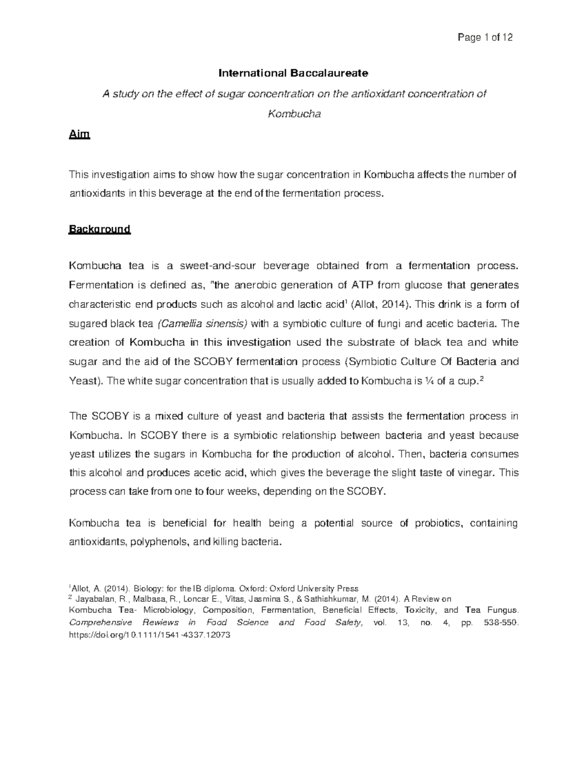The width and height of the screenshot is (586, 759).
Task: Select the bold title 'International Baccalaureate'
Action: (x=293, y=73)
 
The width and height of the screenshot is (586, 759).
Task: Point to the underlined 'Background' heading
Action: (x=100, y=229)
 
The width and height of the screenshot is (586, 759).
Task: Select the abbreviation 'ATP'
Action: (x=361, y=285)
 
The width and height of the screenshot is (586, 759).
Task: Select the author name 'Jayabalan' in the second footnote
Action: (x=93, y=599)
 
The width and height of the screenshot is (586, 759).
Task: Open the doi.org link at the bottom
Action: (x=149, y=635)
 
